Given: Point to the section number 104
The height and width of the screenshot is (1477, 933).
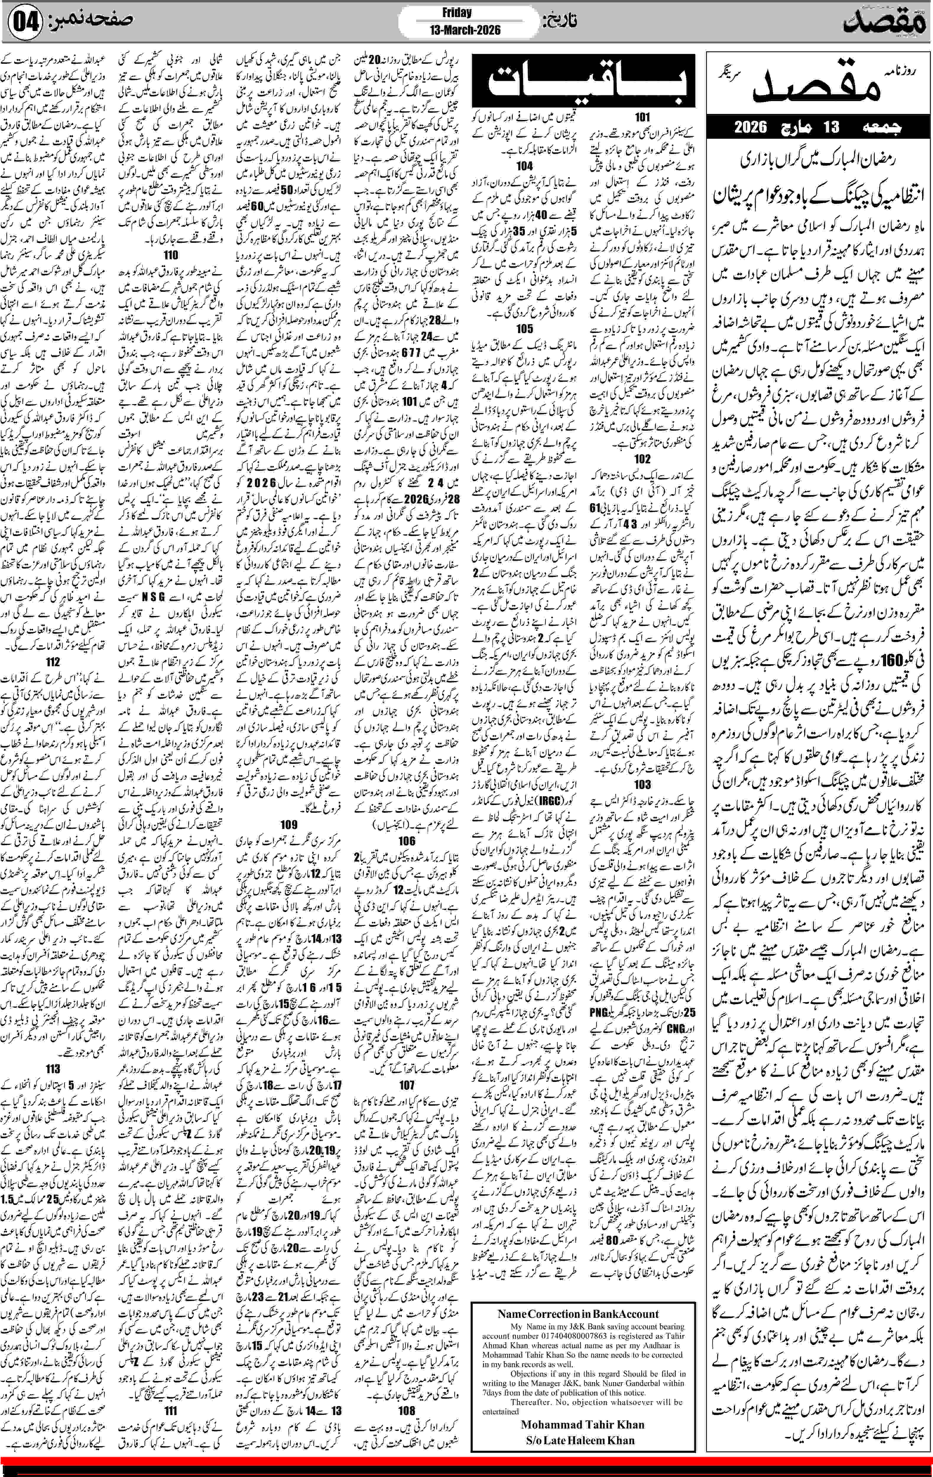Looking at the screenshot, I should point(524,166).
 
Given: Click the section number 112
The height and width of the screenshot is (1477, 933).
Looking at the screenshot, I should point(53,661).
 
